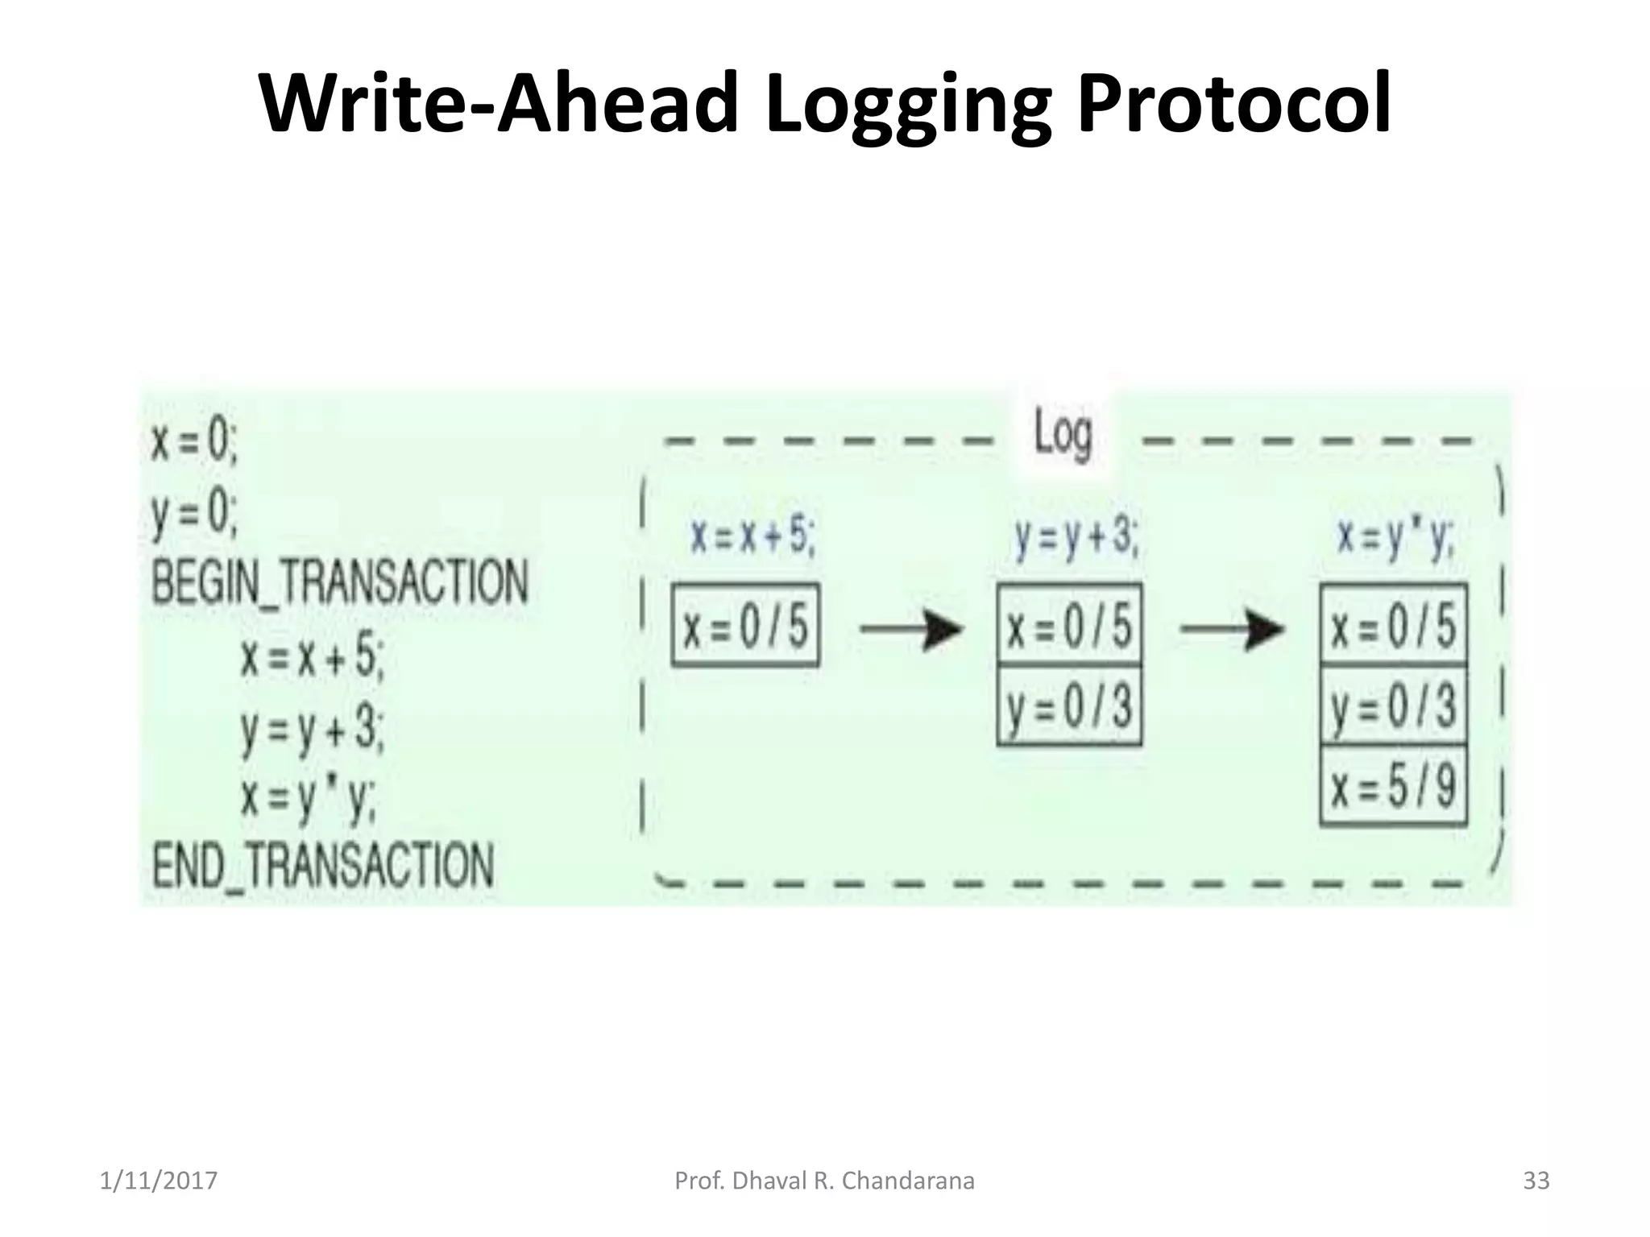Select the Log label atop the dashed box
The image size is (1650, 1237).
click(x=1063, y=435)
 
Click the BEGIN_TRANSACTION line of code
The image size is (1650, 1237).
click(x=340, y=582)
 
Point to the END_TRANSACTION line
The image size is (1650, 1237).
click(x=323, y=865)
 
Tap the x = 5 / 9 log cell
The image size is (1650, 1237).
click(x=1393, y=786)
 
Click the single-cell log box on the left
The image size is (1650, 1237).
click(x=745, y=626)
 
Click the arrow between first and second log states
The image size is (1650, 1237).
click(x=910, y=628)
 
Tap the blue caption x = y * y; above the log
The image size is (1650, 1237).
click(x=1395, y=536)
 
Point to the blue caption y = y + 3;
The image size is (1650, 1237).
click(x=1076, y=536)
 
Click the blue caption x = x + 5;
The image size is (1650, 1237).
click(x=752, y=536)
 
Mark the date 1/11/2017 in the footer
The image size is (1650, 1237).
click(x=159, y=1181)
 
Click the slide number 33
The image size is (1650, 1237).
click(x=1536, y=1181)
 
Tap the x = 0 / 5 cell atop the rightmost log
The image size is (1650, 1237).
click(x=1393, y=626)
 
